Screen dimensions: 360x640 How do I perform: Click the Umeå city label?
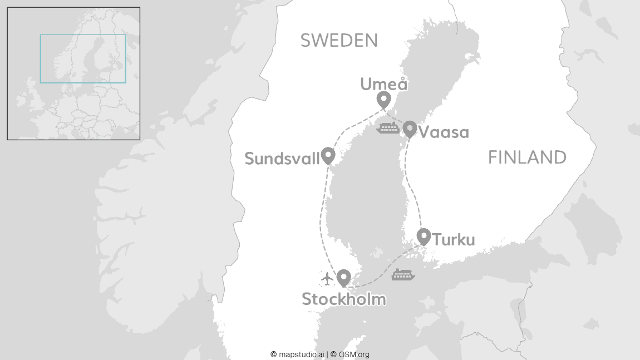[x=384, y=84]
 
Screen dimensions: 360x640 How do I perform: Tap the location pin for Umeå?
[x=383, y=100]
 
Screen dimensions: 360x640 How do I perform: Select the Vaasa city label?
[x=444, y=132]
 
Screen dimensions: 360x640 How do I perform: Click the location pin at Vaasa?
[x=410, y=129]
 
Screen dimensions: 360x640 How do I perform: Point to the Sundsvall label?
[x=282, y=159]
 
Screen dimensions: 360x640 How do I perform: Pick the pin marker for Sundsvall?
[x=328, y=155]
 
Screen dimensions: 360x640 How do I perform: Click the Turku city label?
[x=454, y=240]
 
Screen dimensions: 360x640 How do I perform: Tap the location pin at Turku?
[x=424, y=236]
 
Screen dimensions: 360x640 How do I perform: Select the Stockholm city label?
[x=343, y=299]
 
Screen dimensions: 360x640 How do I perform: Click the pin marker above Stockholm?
[x=344, y=277]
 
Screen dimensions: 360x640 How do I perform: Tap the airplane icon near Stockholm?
[x=327, y=277]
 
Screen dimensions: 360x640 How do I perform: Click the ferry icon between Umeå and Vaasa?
[x=387, y=129]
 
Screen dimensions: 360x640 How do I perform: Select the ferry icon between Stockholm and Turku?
[x=403, y=274]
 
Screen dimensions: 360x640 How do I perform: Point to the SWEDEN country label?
[x=339, y=40]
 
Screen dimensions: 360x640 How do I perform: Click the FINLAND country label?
[x=527, y=157]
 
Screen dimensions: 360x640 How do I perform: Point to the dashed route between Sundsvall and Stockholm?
[x=321, y=217]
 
